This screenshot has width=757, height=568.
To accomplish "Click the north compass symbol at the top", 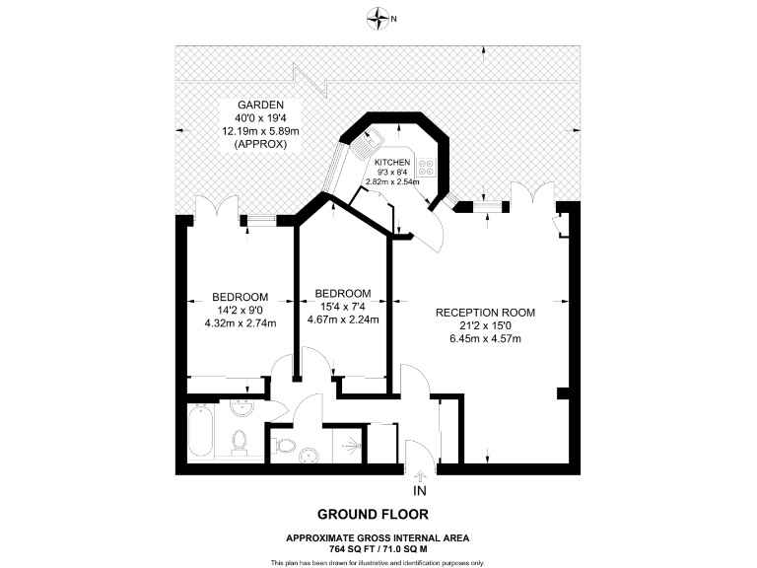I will point(377,17).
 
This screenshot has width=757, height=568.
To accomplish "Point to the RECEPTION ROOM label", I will point(480,313).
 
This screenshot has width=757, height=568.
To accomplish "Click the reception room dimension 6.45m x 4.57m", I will point(480,339).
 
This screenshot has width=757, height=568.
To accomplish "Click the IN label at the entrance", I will point(420,490).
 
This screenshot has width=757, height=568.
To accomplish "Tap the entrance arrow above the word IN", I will point(420,475).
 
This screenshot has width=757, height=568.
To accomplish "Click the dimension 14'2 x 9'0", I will point(241,310).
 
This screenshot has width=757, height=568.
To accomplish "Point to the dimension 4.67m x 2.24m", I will point(342,319).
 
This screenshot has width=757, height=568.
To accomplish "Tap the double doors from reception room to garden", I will point(534,195).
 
